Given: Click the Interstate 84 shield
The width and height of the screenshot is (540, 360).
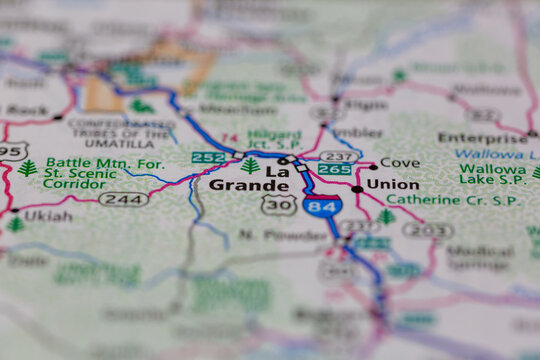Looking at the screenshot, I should coord(322,207).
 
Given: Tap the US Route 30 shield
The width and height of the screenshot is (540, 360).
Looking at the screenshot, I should coord(277,205).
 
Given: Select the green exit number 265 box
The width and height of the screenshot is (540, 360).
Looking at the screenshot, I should coord(334,170).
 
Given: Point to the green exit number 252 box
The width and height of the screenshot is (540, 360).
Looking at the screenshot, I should coord(208,157).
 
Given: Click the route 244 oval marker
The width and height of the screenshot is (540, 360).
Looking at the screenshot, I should coord(124,199).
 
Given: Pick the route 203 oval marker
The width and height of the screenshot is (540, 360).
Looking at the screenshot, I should coord(428,230).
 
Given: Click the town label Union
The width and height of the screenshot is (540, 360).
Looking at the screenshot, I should coord(392,184).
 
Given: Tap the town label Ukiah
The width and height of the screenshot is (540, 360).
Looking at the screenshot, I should coord(47,216).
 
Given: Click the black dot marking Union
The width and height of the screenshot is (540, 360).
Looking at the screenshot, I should coord(357,188).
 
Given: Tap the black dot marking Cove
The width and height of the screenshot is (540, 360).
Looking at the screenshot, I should coord(373,165).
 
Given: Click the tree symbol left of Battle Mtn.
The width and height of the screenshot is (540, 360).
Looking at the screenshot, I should coord(27,167).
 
